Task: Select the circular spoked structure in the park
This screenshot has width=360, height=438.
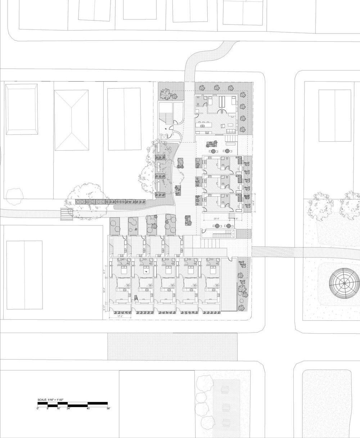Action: (345, 283)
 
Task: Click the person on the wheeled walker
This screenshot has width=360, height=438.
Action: (136, 298)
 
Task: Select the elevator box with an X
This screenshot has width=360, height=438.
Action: (164, 137)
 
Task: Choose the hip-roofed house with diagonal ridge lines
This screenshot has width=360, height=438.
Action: (71, 120)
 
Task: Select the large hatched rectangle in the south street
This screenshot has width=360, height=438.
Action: (172, 347)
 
